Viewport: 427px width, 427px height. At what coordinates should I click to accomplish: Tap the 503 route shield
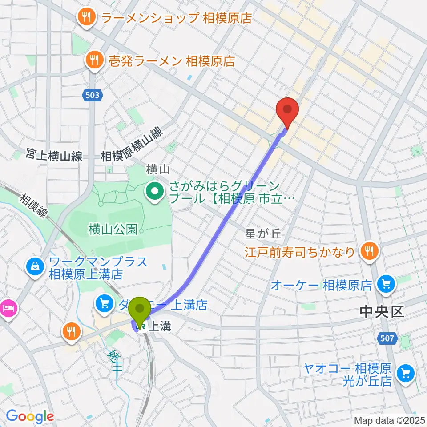(x=93, y=94)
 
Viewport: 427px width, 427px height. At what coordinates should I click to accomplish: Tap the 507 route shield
(x=387, y=339)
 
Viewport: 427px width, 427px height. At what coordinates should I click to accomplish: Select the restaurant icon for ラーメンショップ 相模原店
(x=86, y=18)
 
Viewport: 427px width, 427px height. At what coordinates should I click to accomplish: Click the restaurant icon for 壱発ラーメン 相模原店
(x=94, y=60)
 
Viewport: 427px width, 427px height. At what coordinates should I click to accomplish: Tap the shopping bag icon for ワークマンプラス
(x=34, y=267)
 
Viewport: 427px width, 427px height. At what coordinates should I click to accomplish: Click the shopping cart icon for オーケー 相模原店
(x=385, y=283)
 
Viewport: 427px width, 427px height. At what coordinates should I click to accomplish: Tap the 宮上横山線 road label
(x=54, y=157)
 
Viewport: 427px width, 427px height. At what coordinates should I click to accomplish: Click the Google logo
(x=29, y=417)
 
